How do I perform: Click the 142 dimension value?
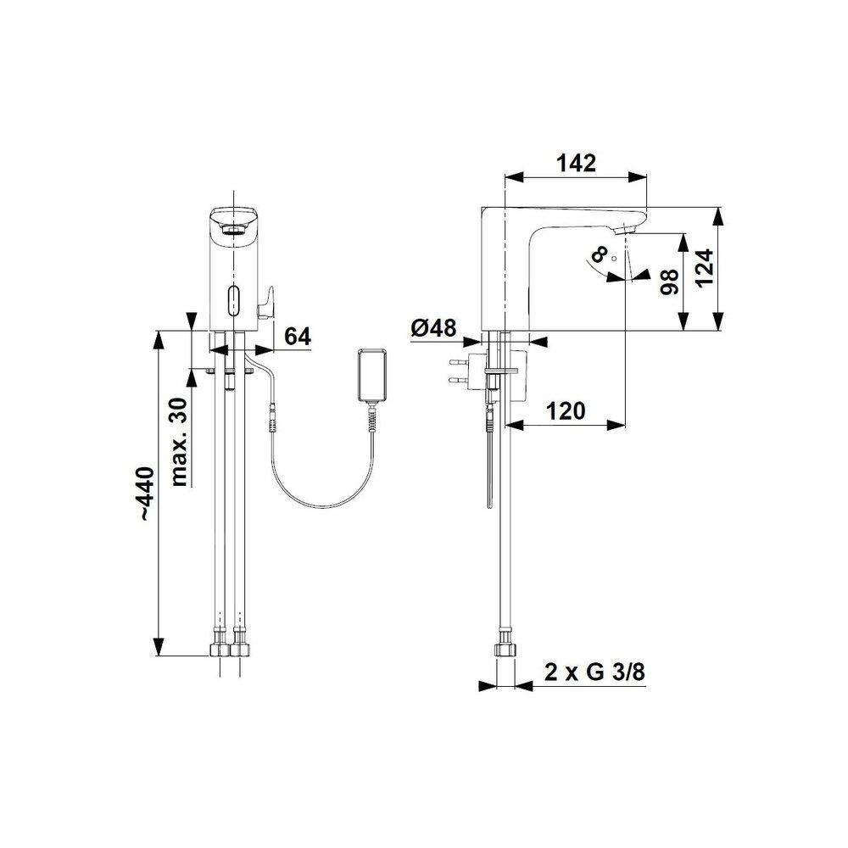pyautogui.click(x=577, y=163)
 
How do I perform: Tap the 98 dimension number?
pyautogui.click(x=670, y=282)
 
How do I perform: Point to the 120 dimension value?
pyautogui.click(x=566, y=411)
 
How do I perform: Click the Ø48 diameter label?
pyautogui.click(x=433, y=327)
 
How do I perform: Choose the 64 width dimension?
pyautogui.click(x=298, y=337)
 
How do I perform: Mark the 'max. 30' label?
pyautogui.click(x=178, y=442)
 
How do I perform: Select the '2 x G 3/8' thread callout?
pyautogui.click(x=594, y=672)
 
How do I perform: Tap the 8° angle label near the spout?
pyautogui.click(x=598, y=254)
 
